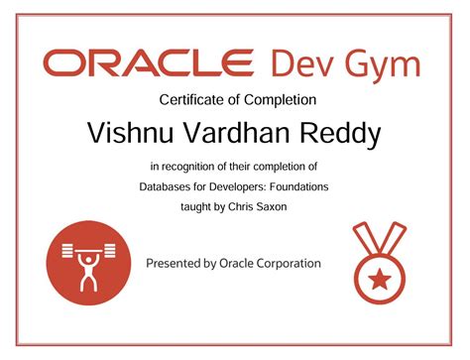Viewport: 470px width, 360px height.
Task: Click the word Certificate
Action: tap(190, 99)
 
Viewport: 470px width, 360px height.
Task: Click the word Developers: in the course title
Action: tap(249, 186)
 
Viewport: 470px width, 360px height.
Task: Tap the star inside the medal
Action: tap(378, 279)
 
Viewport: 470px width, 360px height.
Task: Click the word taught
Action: tap(192, 206)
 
